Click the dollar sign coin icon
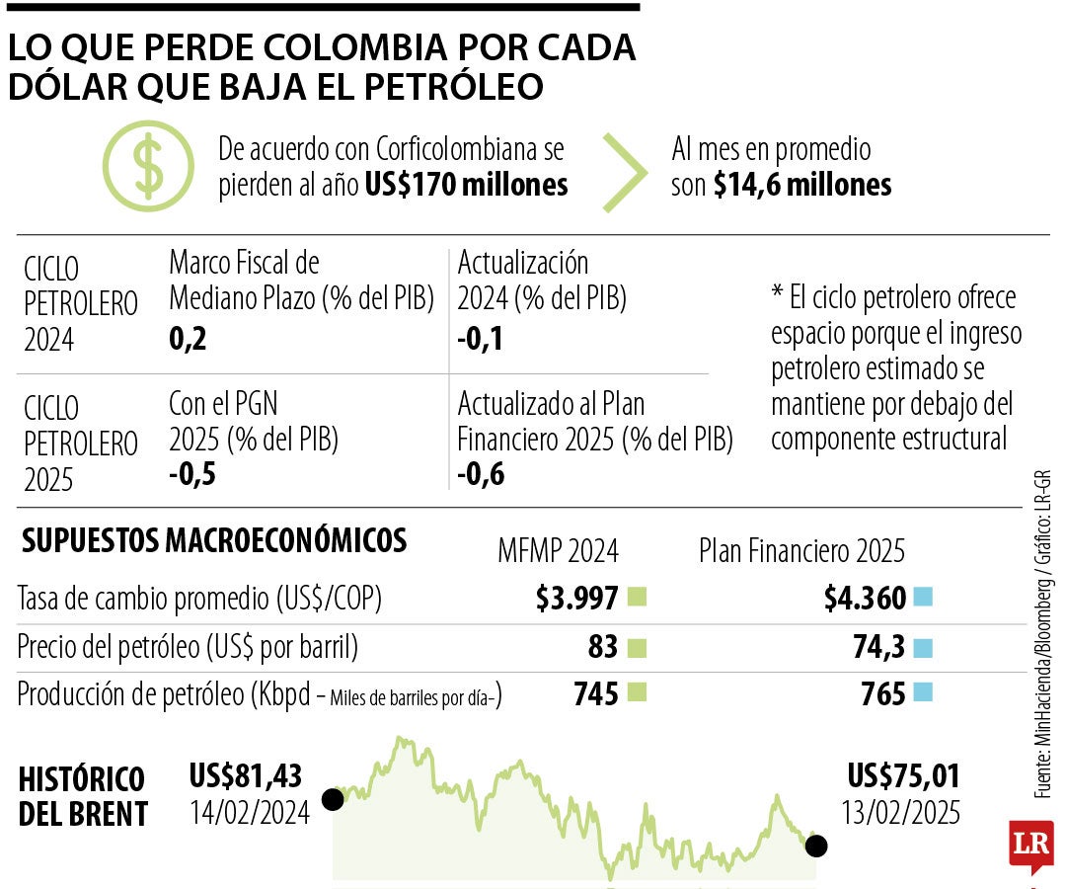148,168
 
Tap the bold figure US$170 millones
466,185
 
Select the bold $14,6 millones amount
802,185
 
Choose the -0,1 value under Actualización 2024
480,340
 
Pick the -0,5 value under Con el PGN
191,474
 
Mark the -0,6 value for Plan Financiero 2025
481,475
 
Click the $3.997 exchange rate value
576,598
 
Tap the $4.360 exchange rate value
865,598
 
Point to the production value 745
596,694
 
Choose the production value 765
883,694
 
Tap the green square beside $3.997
637,598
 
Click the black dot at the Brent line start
333,798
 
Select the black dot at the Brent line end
816,846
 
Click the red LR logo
1031,845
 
